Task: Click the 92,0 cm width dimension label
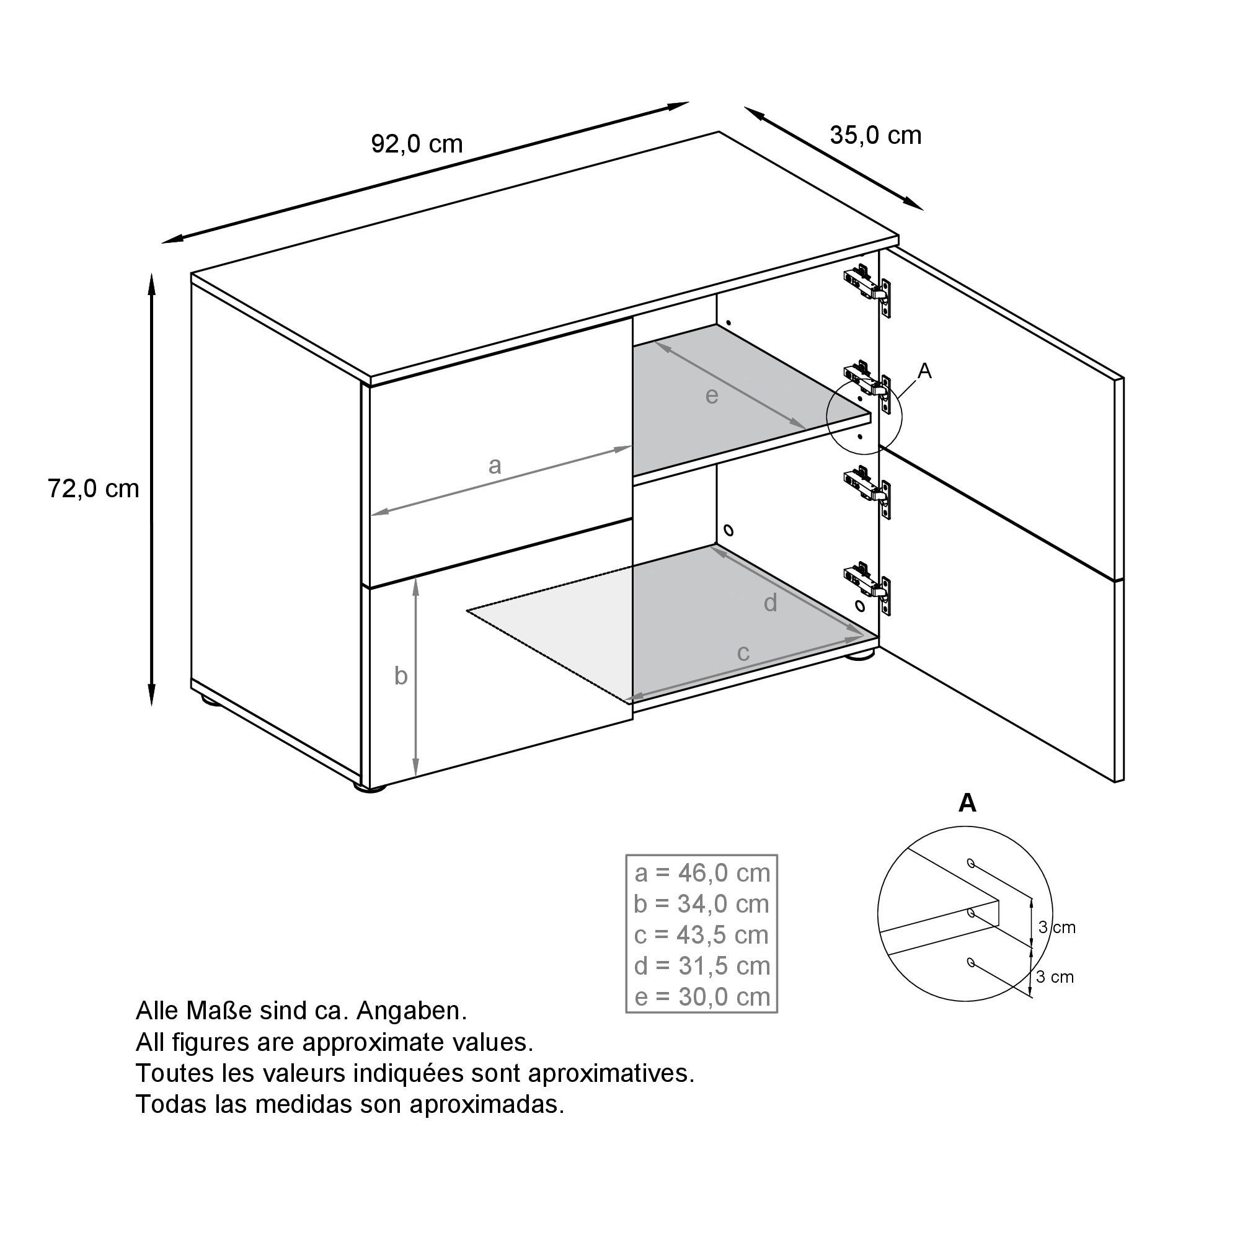point(417,144)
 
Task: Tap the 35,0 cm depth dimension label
point(875,135)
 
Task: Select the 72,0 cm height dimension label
point(93,489)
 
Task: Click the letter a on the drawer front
point(494,466)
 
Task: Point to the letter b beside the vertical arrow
point(401,676)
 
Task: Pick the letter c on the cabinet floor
point(743,653)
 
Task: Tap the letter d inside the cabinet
point(770,603)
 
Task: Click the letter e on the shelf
point(711,396)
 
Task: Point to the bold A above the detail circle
point(967,803)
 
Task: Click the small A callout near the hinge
point(924,371)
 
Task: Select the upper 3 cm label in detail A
point(1056,928)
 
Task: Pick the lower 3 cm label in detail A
point(1055,977)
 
